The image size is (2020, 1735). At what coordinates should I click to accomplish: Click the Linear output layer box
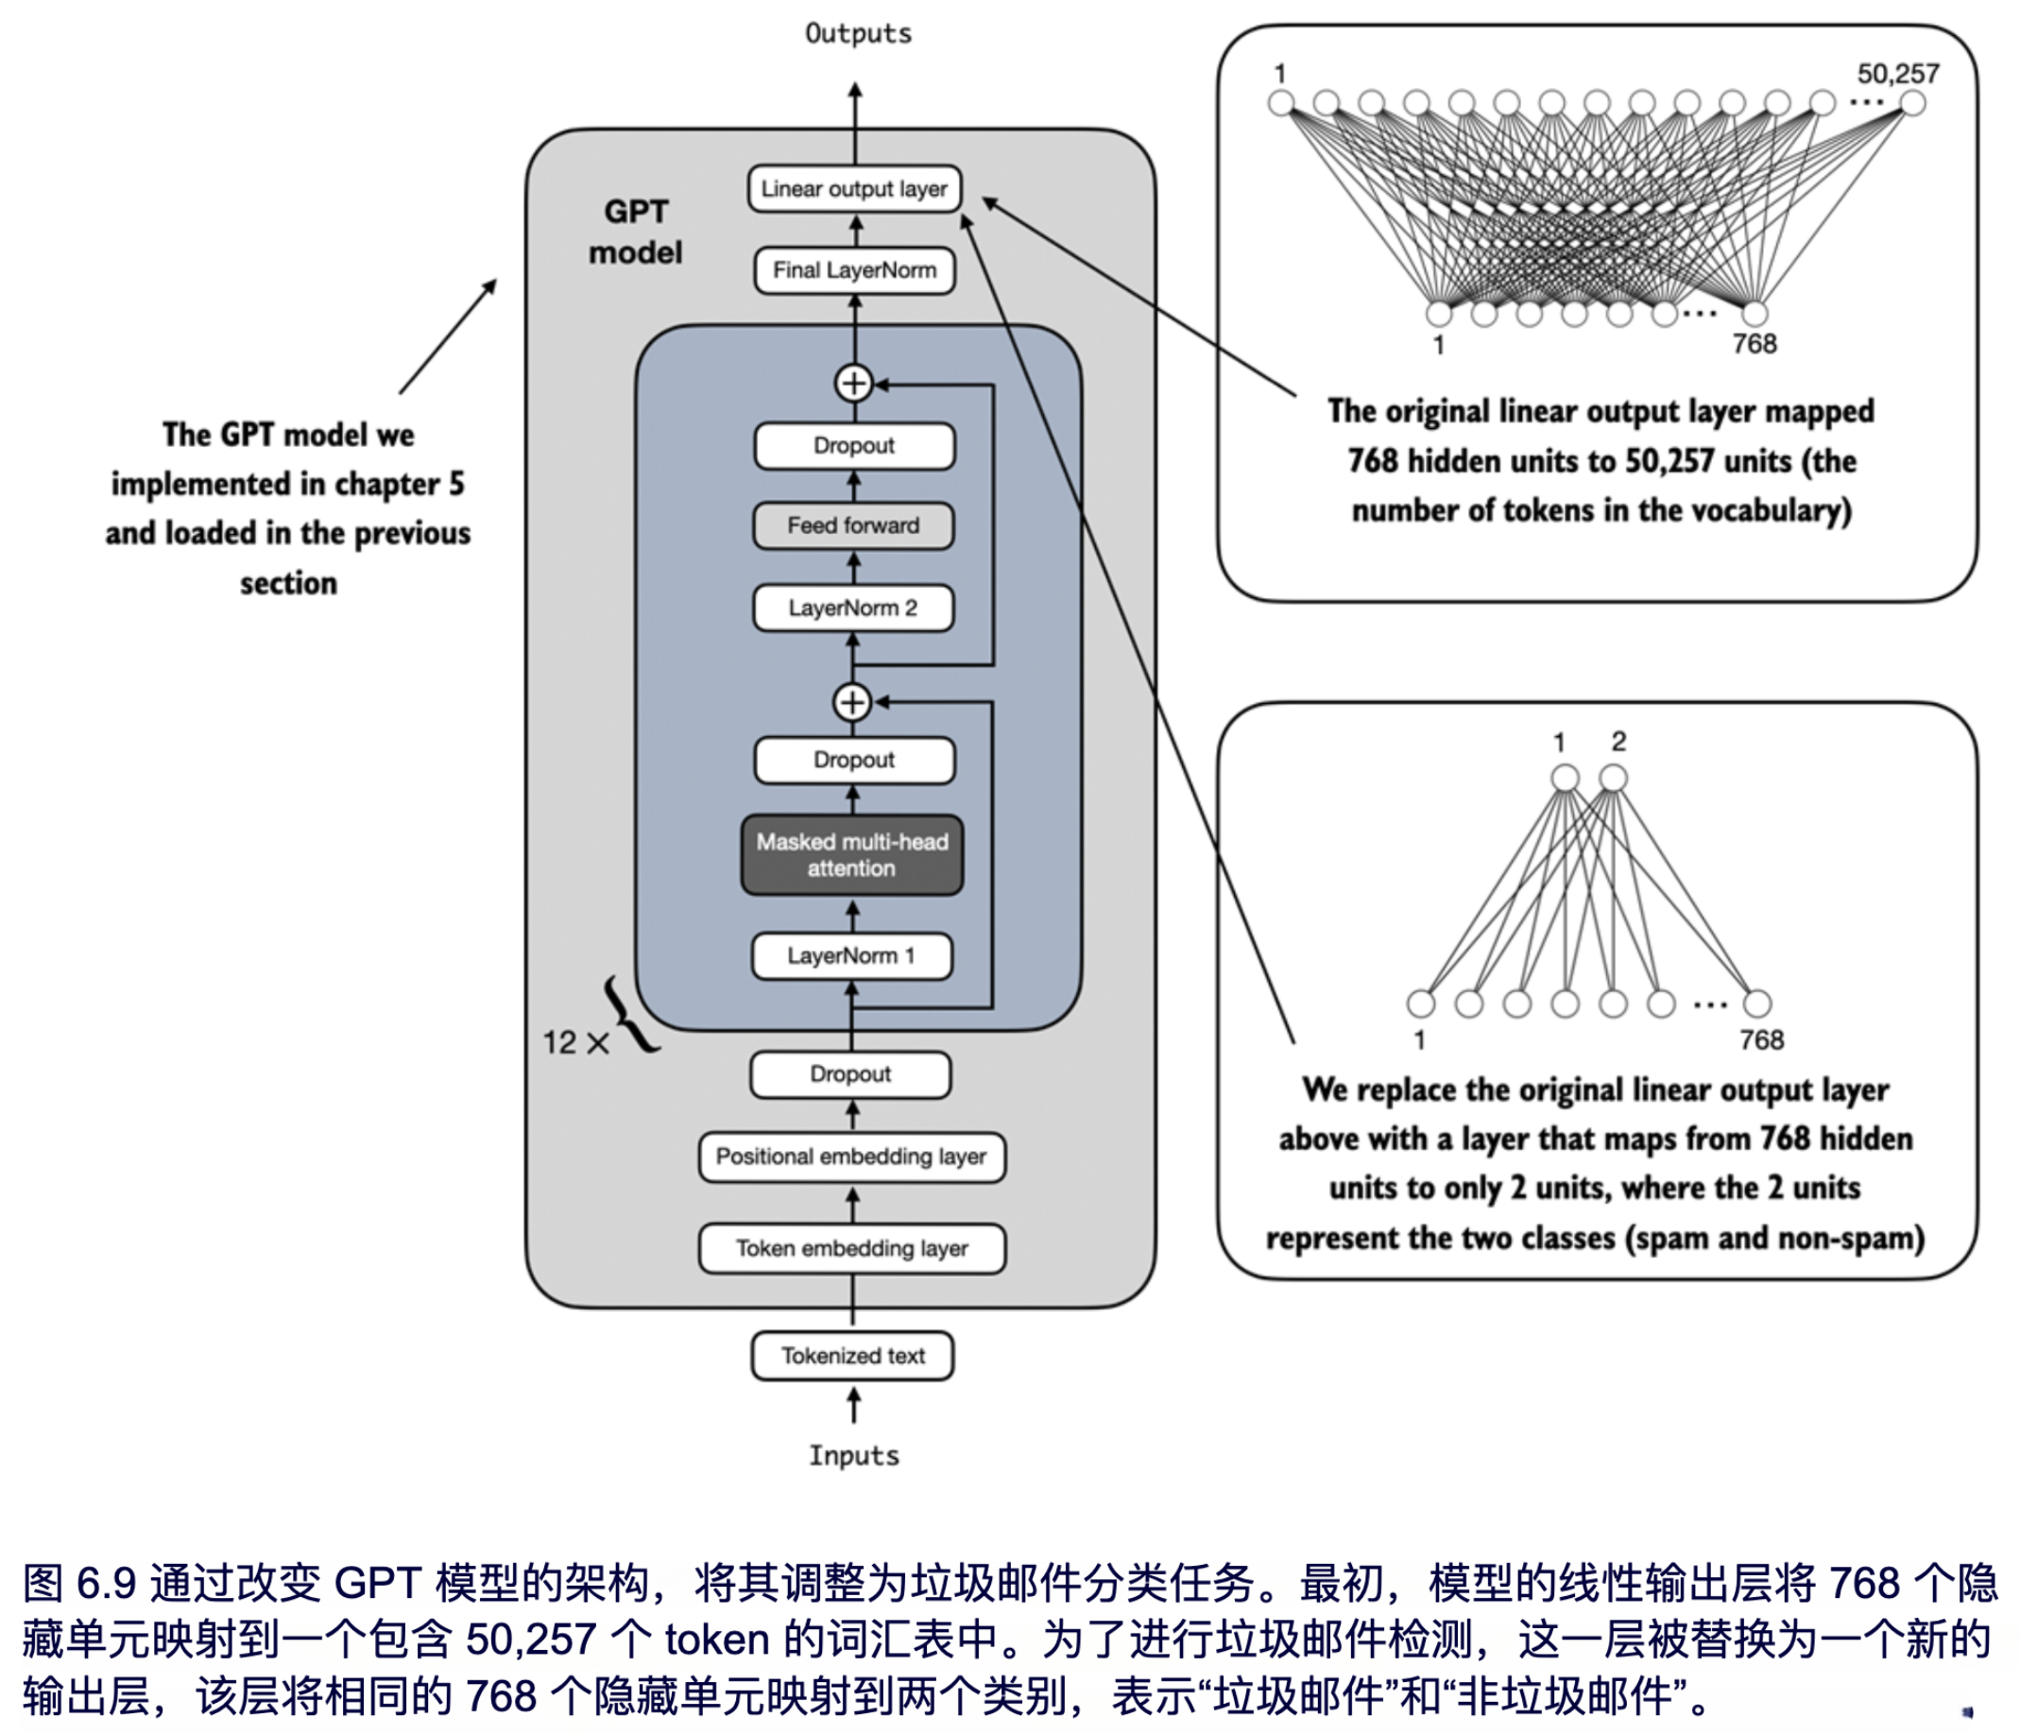(x=854, y=189)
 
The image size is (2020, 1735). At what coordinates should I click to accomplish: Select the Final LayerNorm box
(x=854, y=270)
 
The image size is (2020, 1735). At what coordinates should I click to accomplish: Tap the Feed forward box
(x=853, y=525)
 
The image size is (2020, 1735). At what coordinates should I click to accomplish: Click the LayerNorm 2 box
(x=853, y=609)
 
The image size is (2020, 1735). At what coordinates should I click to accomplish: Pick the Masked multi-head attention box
(x=852, y=855)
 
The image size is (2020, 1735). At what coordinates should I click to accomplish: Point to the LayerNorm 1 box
(x=851, y=955)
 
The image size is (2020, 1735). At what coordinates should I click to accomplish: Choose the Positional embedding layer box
(x=851, y=1157)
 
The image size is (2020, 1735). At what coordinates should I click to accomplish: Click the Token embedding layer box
(x=851, y=1248)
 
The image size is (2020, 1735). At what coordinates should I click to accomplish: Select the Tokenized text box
(x=852, y=1356)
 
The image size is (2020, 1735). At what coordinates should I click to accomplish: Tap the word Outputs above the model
(x=858, y=34)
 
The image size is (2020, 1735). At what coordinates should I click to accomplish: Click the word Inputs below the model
(x=854, y=1456)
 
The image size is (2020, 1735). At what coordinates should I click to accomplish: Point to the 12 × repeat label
(x=575, y=1042)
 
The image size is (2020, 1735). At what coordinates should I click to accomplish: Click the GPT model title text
(x=636, y=232)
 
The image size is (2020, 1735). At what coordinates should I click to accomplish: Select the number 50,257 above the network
(x=1897, y=74)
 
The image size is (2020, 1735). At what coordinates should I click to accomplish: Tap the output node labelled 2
(x=1614, y=779)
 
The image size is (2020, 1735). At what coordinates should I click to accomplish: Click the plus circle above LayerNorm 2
(x=852, y=702)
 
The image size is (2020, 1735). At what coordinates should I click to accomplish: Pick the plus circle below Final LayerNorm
(x=854, y=384)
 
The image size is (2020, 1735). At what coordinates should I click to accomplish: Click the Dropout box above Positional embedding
(x=850, y=1074)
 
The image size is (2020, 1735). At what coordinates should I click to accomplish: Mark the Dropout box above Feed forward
(x=854, y=446)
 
